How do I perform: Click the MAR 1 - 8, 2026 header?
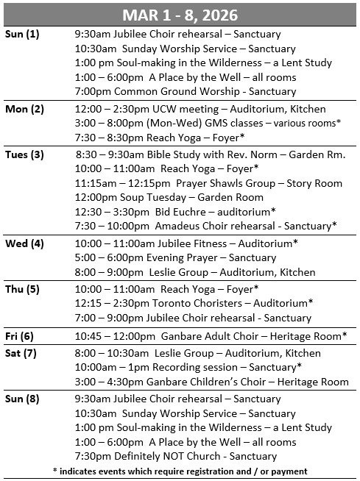click(x=180, y=14)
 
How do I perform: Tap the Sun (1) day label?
click(x=23, y=34)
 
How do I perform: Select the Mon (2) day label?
click(x=24, y=109)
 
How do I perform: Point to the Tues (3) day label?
click(x=25, y=154)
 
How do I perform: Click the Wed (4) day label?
click(x=24, y=243)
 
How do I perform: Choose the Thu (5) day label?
click(x=23, y=289)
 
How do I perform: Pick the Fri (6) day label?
click(x=21, y=335)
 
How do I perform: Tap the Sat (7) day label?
click(x=22, y=353)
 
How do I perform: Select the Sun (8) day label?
click(x=23, y=399)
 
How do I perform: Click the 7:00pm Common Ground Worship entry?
click(x=185, y=91)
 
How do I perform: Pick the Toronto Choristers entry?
click(x=194, y=303)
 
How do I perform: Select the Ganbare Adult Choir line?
click(x=211, y=336)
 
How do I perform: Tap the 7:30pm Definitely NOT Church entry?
click(x=176, y=456)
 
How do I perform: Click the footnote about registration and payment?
click(x=180, y=471)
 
